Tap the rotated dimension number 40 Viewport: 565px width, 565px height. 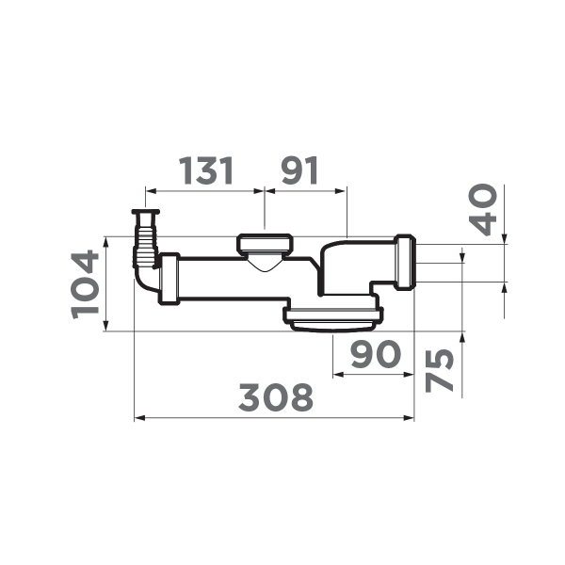[x=485, y=209]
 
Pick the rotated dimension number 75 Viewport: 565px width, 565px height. [x=440, y=370]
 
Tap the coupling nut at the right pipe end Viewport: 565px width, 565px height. [x=405, y=264]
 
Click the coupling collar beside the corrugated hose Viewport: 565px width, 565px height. [x=169, y=278]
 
